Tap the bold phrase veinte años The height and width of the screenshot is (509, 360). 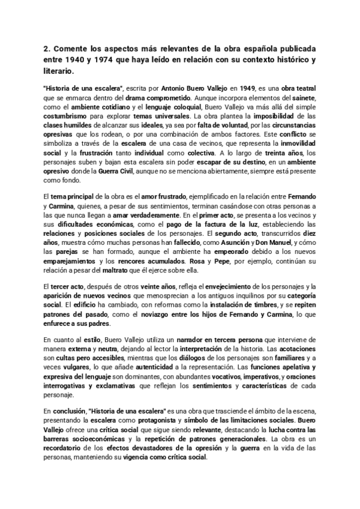tap(152, 286)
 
